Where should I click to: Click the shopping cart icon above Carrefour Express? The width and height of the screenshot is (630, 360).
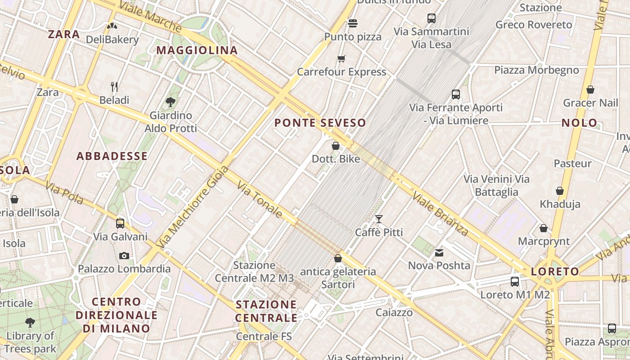(342, 58)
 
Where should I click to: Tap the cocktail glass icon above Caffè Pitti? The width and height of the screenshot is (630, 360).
(379, 219)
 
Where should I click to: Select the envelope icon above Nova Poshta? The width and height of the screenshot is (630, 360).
(439, 253)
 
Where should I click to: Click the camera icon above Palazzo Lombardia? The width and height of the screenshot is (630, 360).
(124, 256)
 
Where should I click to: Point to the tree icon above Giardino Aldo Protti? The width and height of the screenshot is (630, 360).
(171, 102)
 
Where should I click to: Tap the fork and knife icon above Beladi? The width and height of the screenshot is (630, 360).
(114, 86)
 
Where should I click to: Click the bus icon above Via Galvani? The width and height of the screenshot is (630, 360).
(120, 223)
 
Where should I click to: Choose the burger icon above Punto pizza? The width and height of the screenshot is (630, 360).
(353, 23)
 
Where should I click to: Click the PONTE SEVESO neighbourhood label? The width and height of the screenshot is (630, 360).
(320, 123)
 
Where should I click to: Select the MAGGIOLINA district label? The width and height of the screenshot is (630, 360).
(197, 50)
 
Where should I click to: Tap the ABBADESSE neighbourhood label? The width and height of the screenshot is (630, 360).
(112, 156)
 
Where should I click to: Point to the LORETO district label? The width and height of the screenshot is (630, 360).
(555, 271)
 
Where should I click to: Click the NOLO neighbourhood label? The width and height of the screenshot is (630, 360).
(580, 123)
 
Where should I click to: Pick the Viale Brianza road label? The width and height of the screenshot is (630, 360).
(441, 214)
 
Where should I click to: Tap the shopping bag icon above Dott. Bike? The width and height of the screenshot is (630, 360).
(336, 146)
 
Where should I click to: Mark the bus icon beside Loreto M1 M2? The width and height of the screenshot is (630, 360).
(515, 282)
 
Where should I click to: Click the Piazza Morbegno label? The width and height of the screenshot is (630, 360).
(536, 70)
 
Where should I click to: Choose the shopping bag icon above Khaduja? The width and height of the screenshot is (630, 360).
(560, 191)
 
